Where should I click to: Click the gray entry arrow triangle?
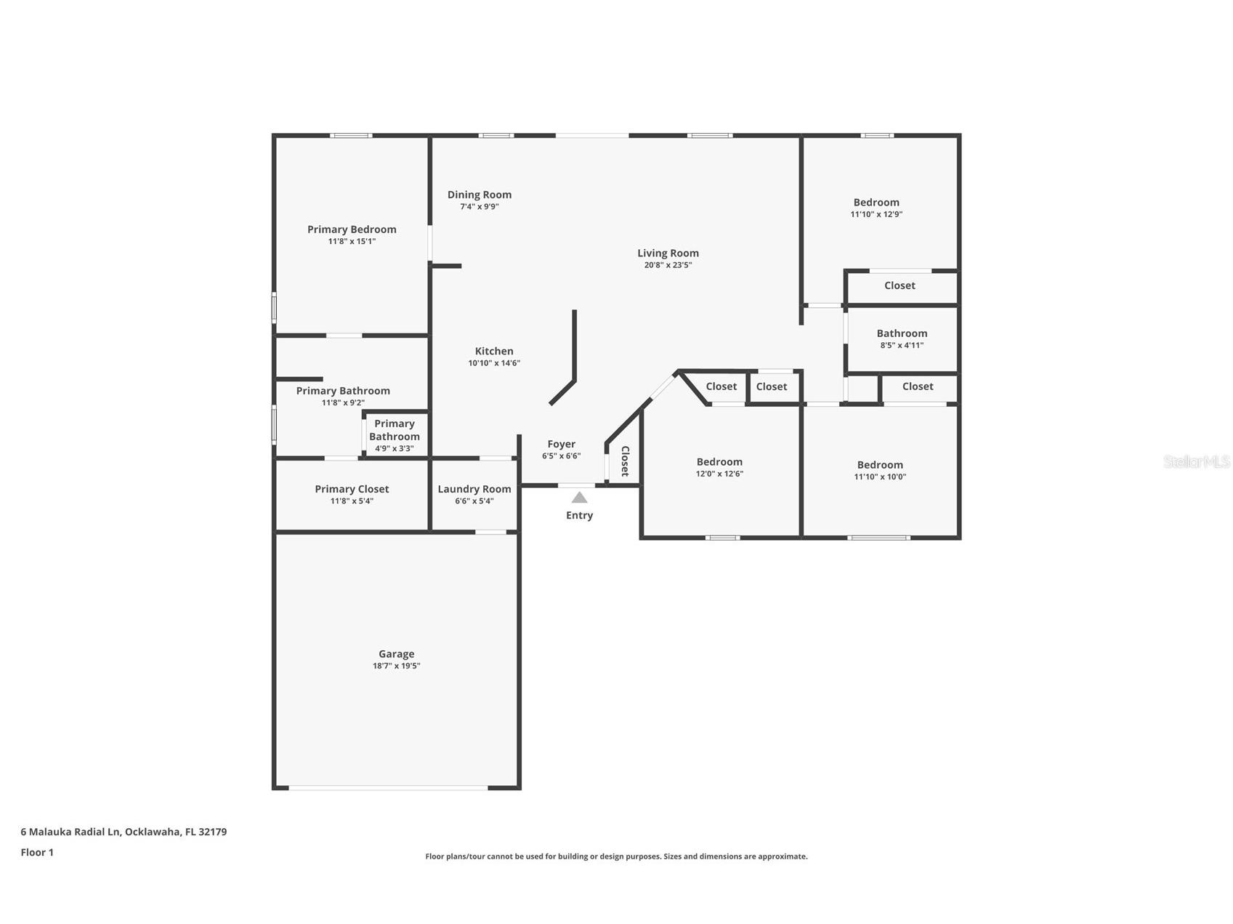579,498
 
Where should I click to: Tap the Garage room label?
396,654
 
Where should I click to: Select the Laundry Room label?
474,489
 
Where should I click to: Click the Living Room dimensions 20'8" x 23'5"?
668,265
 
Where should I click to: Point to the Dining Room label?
480,195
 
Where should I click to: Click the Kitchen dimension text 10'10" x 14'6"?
494,363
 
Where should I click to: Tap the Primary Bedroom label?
352,230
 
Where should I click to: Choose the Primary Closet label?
352,489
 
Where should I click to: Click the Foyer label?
561,444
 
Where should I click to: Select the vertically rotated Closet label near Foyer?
624,461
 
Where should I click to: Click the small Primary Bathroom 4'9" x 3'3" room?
395,435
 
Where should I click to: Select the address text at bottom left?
124,832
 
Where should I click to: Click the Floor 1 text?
37,853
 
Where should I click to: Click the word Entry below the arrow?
579,516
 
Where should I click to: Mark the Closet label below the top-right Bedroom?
900,285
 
